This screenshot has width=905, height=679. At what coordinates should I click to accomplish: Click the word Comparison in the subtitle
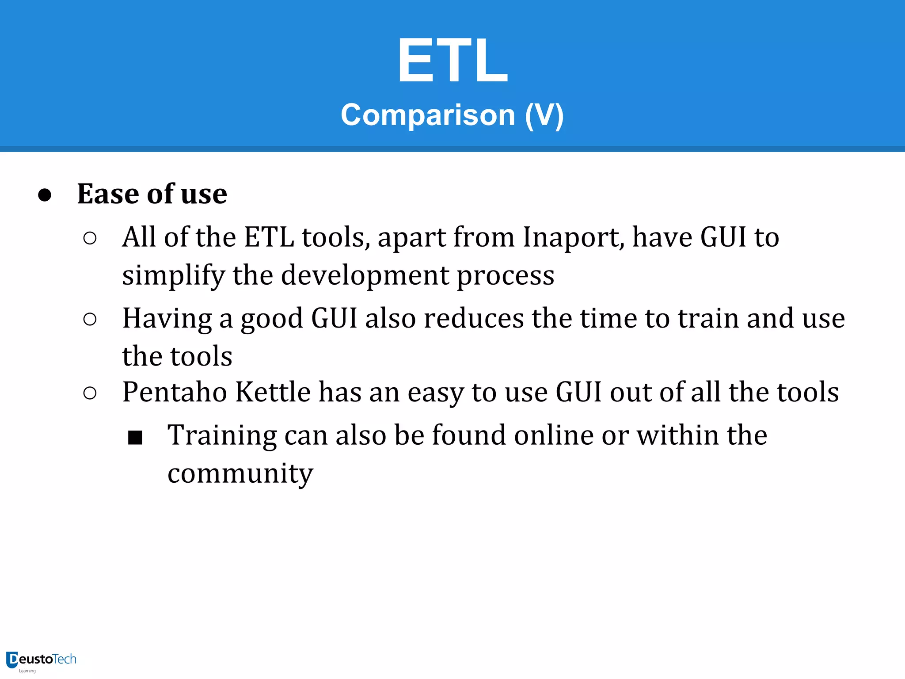[x=428, y=115]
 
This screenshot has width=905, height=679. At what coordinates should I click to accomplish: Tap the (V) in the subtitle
[x=544, y=115]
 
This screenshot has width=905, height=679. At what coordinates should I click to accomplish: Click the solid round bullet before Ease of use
[x=45, y=195]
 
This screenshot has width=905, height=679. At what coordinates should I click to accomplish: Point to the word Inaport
[x=573, y=237]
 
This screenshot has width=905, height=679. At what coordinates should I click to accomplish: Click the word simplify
[x=173, y=275]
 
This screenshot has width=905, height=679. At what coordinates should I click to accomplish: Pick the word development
[x=365, y=275]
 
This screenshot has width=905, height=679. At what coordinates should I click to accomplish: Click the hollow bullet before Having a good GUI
[x=90, y=319]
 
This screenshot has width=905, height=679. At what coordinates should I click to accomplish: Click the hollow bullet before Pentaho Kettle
[x=90, y=393]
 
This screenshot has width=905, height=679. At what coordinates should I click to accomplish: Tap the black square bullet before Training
[x=135, y=438]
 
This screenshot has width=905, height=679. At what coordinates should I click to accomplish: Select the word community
[x=240, y=474]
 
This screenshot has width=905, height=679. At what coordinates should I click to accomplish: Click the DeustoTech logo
[x=42, y=661]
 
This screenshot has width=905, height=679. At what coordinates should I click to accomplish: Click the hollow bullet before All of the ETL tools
[x=90, y=238]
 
